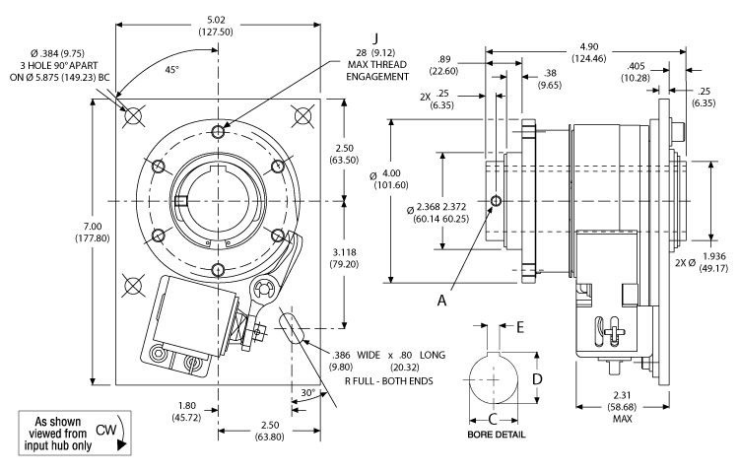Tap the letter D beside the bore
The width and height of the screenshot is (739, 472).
tap(538, 378)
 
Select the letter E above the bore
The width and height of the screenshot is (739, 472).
tap(521, 326)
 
